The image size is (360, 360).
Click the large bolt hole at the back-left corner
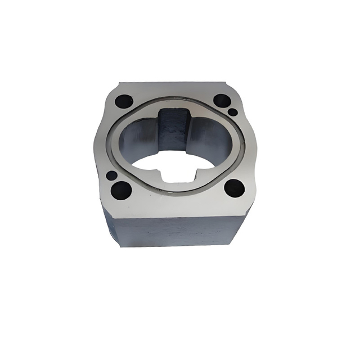123,102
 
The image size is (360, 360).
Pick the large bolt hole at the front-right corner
233,187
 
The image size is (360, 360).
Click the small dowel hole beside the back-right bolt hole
232,112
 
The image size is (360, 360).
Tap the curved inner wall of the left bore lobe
135,141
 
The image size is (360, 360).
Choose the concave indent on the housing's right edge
258,143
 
